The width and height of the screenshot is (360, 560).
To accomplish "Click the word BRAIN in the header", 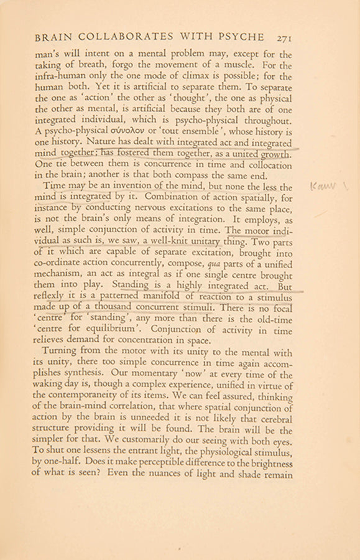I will pos(59,39).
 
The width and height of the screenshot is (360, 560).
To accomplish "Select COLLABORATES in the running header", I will pos(129,39).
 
